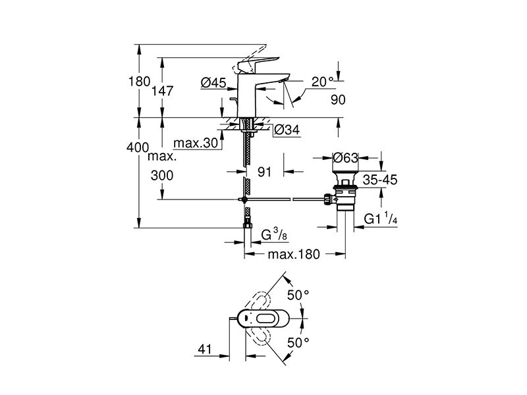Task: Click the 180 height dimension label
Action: point(139,82)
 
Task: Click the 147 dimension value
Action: point(163,91)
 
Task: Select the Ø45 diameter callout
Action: point(213,83)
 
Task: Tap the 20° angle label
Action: point(322,82)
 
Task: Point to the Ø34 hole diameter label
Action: point(287,130)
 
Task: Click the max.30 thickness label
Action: point(196,144)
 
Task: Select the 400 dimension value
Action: point(138,147)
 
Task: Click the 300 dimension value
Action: point(162,175)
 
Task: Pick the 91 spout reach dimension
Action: point(265,172)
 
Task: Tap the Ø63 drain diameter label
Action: point(345,157)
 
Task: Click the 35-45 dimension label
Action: point(380,180)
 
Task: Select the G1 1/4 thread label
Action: point(381,219)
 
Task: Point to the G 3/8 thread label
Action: point(274,234)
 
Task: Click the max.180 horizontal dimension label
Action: point(294,254)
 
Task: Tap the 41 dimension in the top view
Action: point(205,350)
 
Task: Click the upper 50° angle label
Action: point(298,295)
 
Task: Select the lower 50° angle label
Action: point(298,342)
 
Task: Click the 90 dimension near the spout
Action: point(338,100)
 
